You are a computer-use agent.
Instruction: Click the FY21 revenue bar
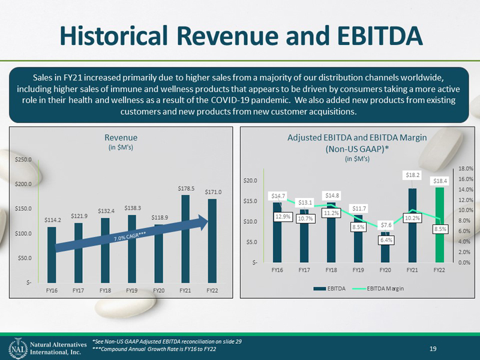(185, 239)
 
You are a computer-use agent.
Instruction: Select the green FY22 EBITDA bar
(440, 225)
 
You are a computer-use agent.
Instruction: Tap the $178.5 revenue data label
(186, 188)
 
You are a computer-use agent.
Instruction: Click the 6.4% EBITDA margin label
(386, 240)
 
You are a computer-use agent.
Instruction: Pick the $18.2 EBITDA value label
(413, 175)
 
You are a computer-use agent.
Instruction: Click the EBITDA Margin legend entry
(378, 289)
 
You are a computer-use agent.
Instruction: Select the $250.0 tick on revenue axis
(23, 160)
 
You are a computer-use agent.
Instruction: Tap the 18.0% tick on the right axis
(466, 169)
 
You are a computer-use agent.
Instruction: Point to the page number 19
(433, 349)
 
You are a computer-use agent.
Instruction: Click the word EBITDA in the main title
(380, 35)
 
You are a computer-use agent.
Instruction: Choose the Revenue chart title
(121, 137)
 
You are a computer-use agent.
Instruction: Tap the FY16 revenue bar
(52, 254)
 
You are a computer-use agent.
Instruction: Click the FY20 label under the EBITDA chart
(385, 271)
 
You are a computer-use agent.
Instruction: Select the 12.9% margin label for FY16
(283, 217)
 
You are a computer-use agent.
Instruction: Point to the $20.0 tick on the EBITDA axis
(250, 181)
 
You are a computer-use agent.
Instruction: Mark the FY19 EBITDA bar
(358, 238)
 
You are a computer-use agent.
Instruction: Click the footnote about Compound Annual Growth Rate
(154, 349)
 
